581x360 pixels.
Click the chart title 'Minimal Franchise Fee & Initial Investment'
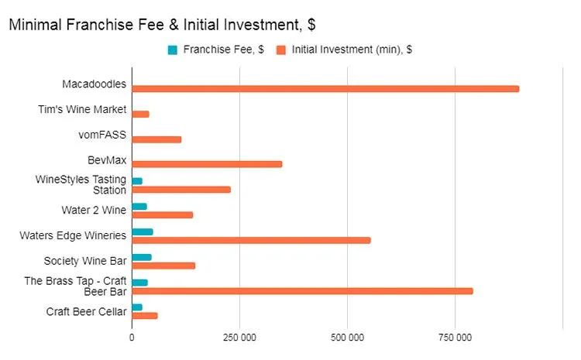[161, 25]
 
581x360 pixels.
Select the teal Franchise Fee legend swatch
[172, 50]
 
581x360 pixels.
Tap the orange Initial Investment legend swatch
[283, 50]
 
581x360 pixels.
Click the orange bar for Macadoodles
[325, 89]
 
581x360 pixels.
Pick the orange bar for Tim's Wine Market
[140, 114]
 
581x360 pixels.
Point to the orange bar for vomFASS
[156, 139]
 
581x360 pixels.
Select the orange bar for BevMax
[207, 164]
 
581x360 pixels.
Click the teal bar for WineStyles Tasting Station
[137, 181]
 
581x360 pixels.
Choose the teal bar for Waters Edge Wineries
[143, 231]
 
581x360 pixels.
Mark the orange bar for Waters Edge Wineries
[251, 240]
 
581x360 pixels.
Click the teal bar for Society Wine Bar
[142, 257]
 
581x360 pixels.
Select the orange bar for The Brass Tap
[302, 291]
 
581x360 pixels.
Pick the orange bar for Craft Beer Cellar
[145, 316]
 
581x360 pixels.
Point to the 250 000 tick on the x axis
[239, 338]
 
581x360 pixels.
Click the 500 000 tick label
[347, 338]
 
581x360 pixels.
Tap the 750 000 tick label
[455, 338]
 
